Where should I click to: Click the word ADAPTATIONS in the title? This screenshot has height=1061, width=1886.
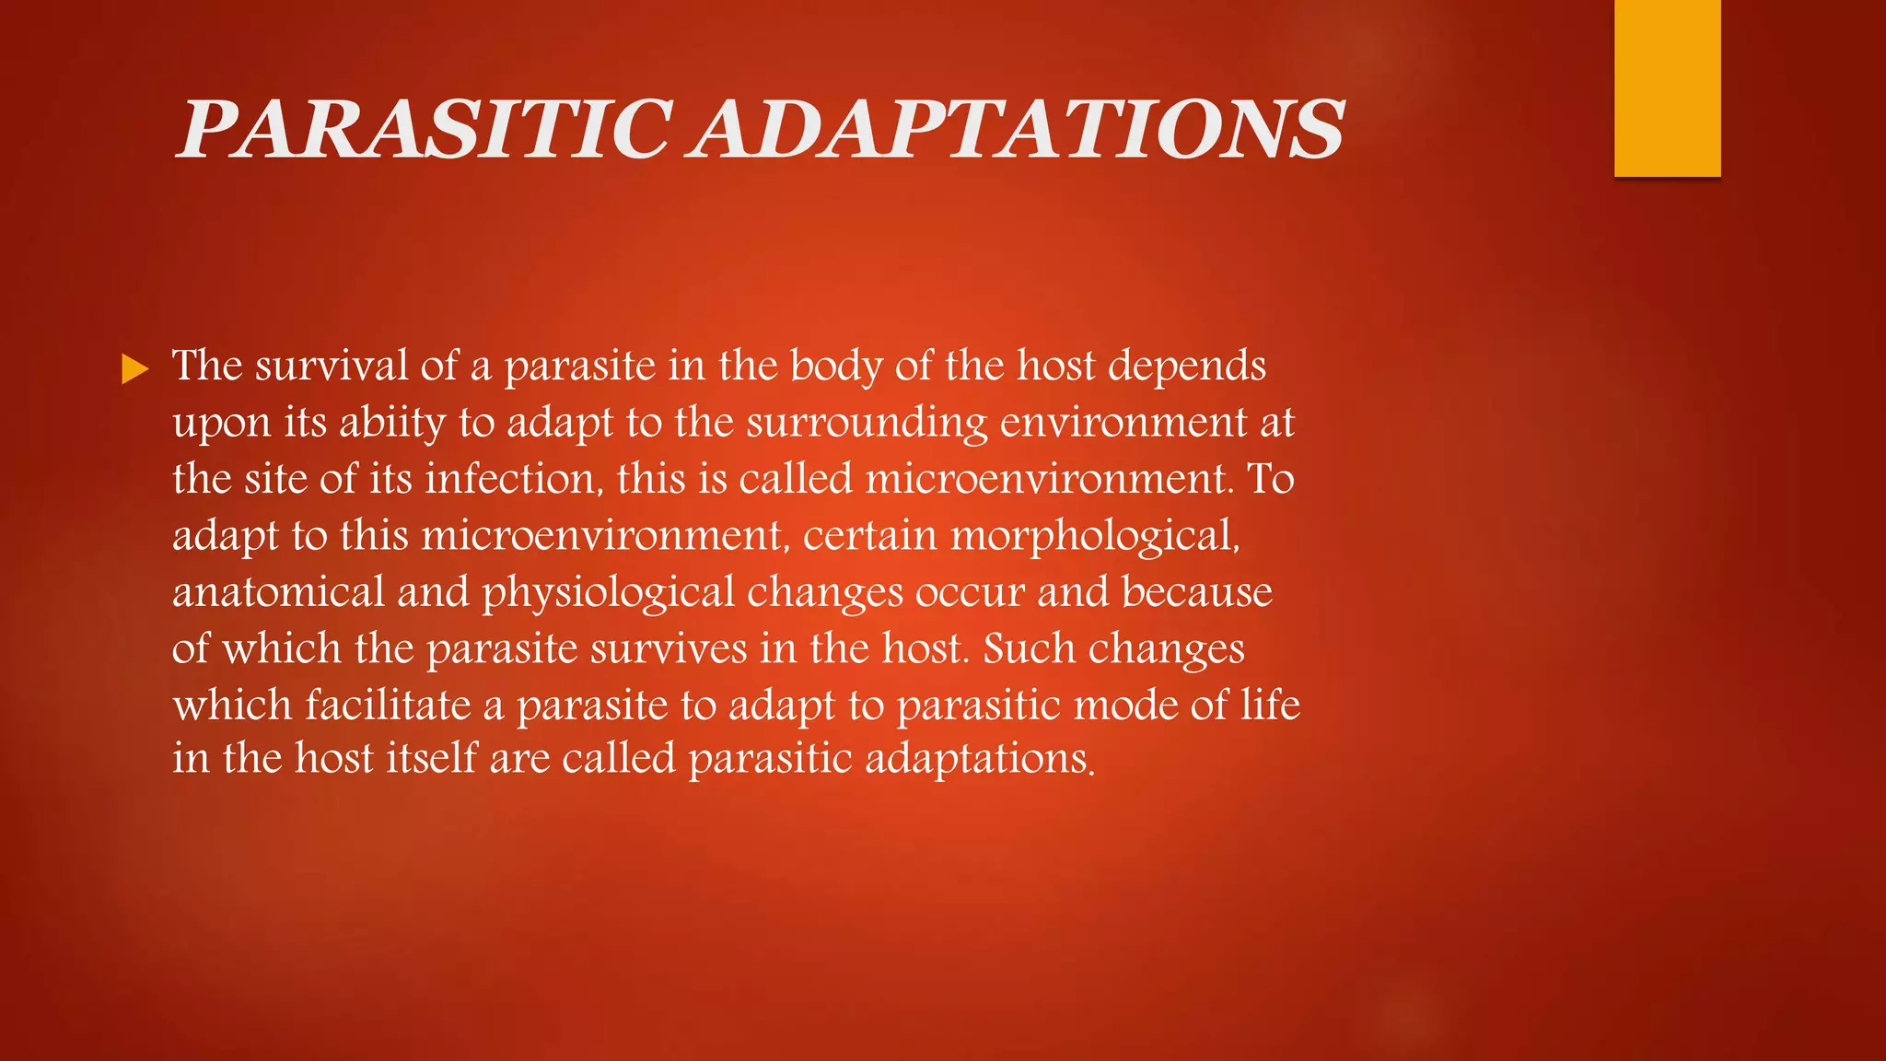pos(1019,130)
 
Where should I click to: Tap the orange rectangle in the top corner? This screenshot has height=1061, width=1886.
pos(1667,87)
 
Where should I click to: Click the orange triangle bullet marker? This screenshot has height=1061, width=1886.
pos(134,370)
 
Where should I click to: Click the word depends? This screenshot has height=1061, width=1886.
pos(1187,366)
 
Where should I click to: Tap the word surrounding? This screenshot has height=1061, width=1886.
pos(866,423)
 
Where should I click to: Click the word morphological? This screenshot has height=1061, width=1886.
pos(1094,536)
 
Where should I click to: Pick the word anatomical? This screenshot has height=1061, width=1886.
pos(278,592)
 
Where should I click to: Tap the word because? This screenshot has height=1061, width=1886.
pos(1196,592)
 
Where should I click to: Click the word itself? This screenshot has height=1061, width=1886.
pos(431,759)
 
